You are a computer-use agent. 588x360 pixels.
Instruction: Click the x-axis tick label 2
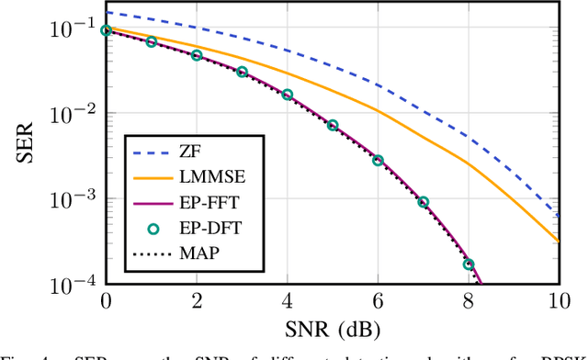coord(196,301)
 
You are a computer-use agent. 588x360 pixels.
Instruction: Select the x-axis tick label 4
coord(287,301)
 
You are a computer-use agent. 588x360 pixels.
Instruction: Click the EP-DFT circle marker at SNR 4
coord(287,95)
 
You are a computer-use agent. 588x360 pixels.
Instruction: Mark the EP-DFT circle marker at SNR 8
coord(469,264)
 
